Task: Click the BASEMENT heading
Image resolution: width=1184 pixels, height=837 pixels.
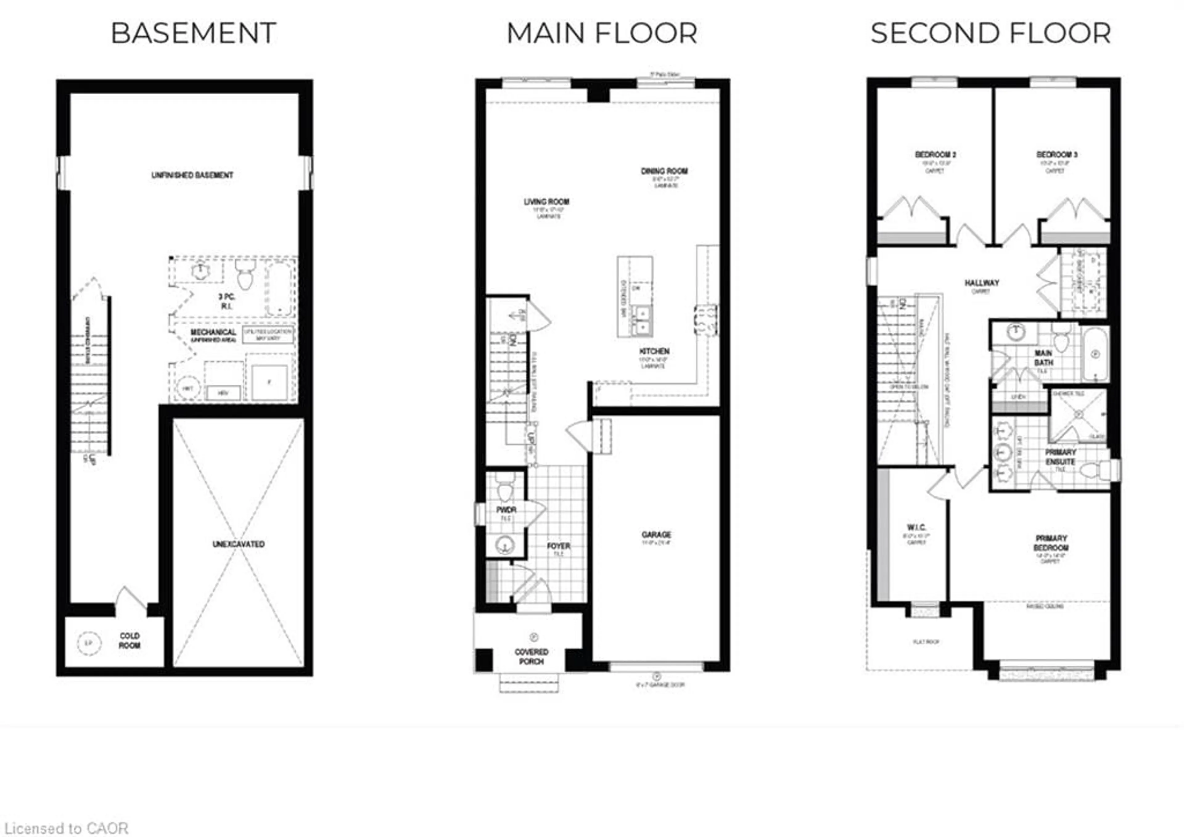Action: click(193, 34)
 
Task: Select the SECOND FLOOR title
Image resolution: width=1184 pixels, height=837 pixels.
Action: click(991, 34)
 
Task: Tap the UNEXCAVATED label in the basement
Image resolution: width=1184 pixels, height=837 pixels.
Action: click(238, 544)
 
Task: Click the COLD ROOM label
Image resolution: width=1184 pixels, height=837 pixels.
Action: click(129, 641)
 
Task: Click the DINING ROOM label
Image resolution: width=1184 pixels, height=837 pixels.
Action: click(664, 171)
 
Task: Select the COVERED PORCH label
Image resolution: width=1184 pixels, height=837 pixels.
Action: click(532, 657)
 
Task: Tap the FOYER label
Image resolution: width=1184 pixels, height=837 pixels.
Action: click(558, 546)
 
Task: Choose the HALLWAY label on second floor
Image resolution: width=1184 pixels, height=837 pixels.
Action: click(982, 283)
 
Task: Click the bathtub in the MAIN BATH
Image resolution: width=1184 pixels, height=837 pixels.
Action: click(1095, 354)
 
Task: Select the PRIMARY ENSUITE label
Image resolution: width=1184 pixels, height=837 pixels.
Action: click(1060, 457)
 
